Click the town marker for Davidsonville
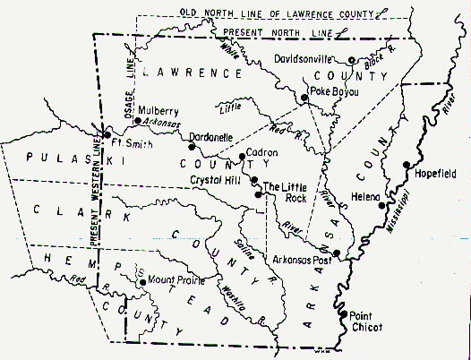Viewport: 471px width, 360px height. pos(352,60)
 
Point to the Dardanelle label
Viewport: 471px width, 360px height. pos(211,138)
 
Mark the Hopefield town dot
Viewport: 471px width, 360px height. pos(407,164)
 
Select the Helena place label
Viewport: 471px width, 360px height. pos(365,196)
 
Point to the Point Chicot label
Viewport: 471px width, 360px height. pos(364,321)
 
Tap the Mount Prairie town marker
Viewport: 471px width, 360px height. pos(141,281)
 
